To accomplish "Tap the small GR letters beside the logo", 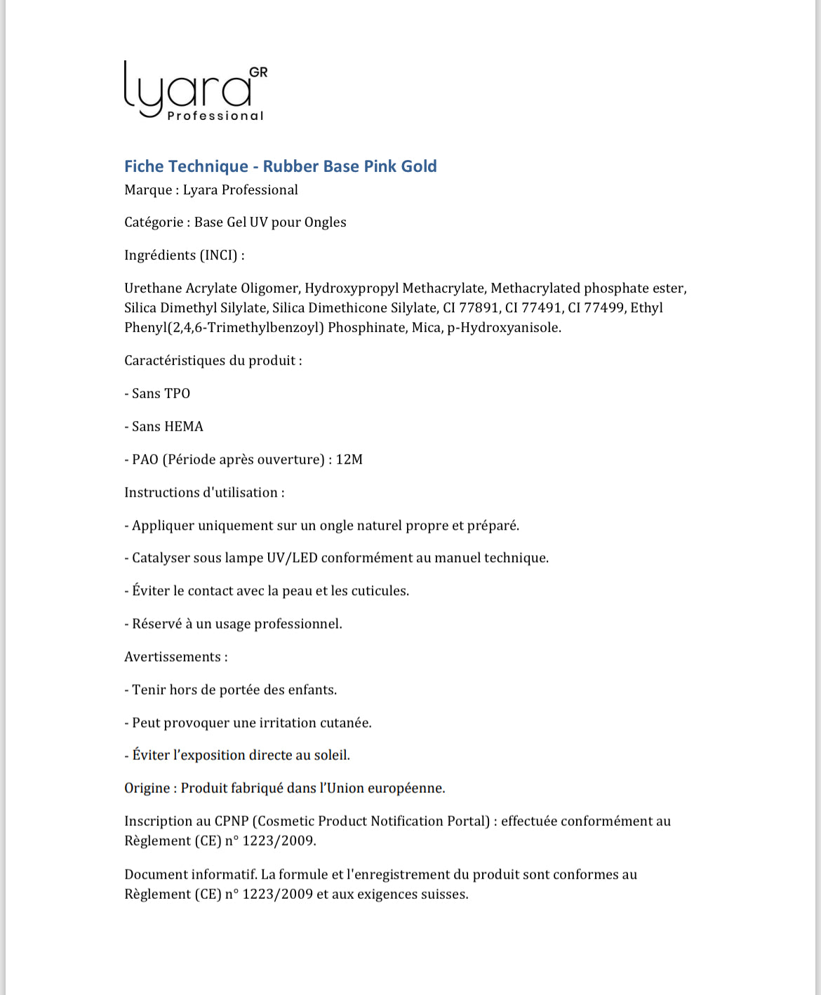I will point(258,72).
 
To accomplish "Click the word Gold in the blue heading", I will point(419,166).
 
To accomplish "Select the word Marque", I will point(148,190).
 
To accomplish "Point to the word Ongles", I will point(325,222).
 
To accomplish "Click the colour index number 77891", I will point(479,308).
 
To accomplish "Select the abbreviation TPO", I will point(177,394).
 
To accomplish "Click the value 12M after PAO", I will point(349,460).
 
